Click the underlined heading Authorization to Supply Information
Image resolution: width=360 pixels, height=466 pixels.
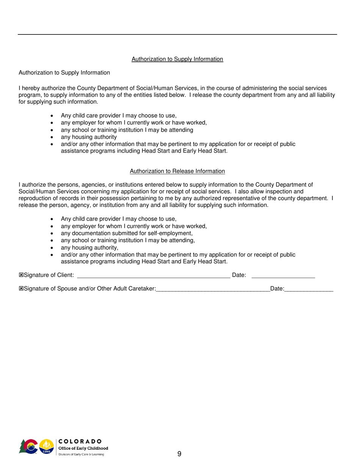pos(177,59)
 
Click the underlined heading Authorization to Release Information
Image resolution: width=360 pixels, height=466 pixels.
pos(177,171)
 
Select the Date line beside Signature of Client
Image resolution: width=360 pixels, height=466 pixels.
pos(283,277)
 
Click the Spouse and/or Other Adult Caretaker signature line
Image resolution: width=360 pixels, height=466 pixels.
pos(213,290)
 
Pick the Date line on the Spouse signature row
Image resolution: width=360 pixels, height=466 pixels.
pos(309,290)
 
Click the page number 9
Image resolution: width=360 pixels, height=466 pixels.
pos(179,455)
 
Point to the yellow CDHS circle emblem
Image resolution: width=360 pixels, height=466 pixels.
pos(46,446)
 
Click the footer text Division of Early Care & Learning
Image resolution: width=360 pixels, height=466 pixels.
pos(81,453)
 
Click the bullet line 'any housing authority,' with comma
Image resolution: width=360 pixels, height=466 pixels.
pos(89,248)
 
